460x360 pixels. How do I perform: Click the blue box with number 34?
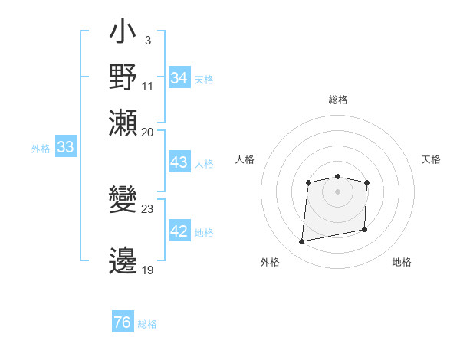(179, 77)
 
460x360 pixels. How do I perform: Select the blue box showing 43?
(179, 162)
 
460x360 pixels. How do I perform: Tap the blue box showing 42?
(179, 232)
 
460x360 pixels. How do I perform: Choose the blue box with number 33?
(65, 148)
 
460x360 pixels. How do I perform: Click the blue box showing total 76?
(123, 322)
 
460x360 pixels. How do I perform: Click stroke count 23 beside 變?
(148, 208)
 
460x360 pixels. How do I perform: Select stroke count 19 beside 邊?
(148, 270)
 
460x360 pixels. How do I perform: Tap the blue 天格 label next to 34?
(204, 79)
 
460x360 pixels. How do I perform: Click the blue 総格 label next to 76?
(147, 324)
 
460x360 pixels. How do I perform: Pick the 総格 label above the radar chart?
(337, 100)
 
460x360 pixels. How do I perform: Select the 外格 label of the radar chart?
(270, 262)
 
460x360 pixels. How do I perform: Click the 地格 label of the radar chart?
(402, 262)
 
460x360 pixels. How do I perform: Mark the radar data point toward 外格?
(302, 242)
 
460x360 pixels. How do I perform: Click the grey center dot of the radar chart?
(337, 191)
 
